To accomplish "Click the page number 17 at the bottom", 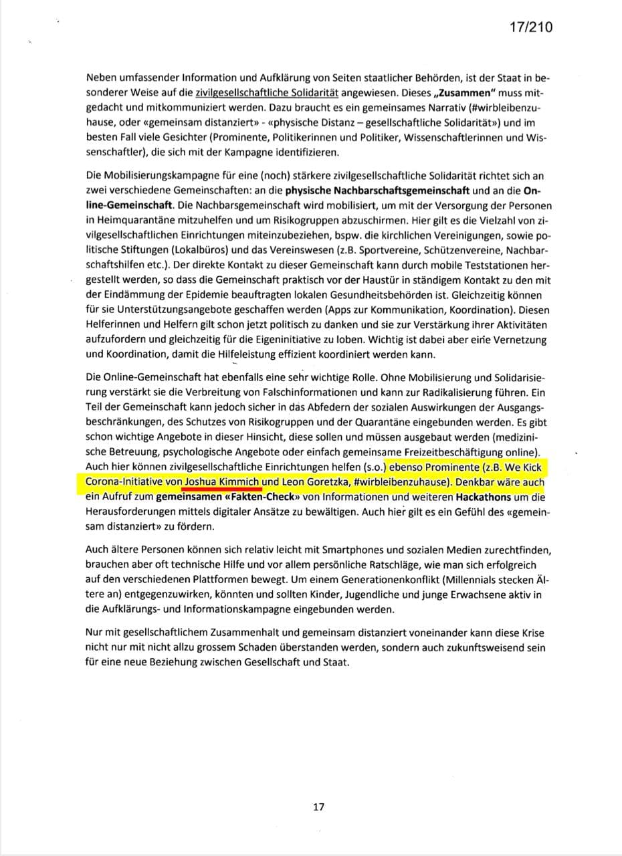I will pos(318,807).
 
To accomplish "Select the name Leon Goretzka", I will pos(314,481).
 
